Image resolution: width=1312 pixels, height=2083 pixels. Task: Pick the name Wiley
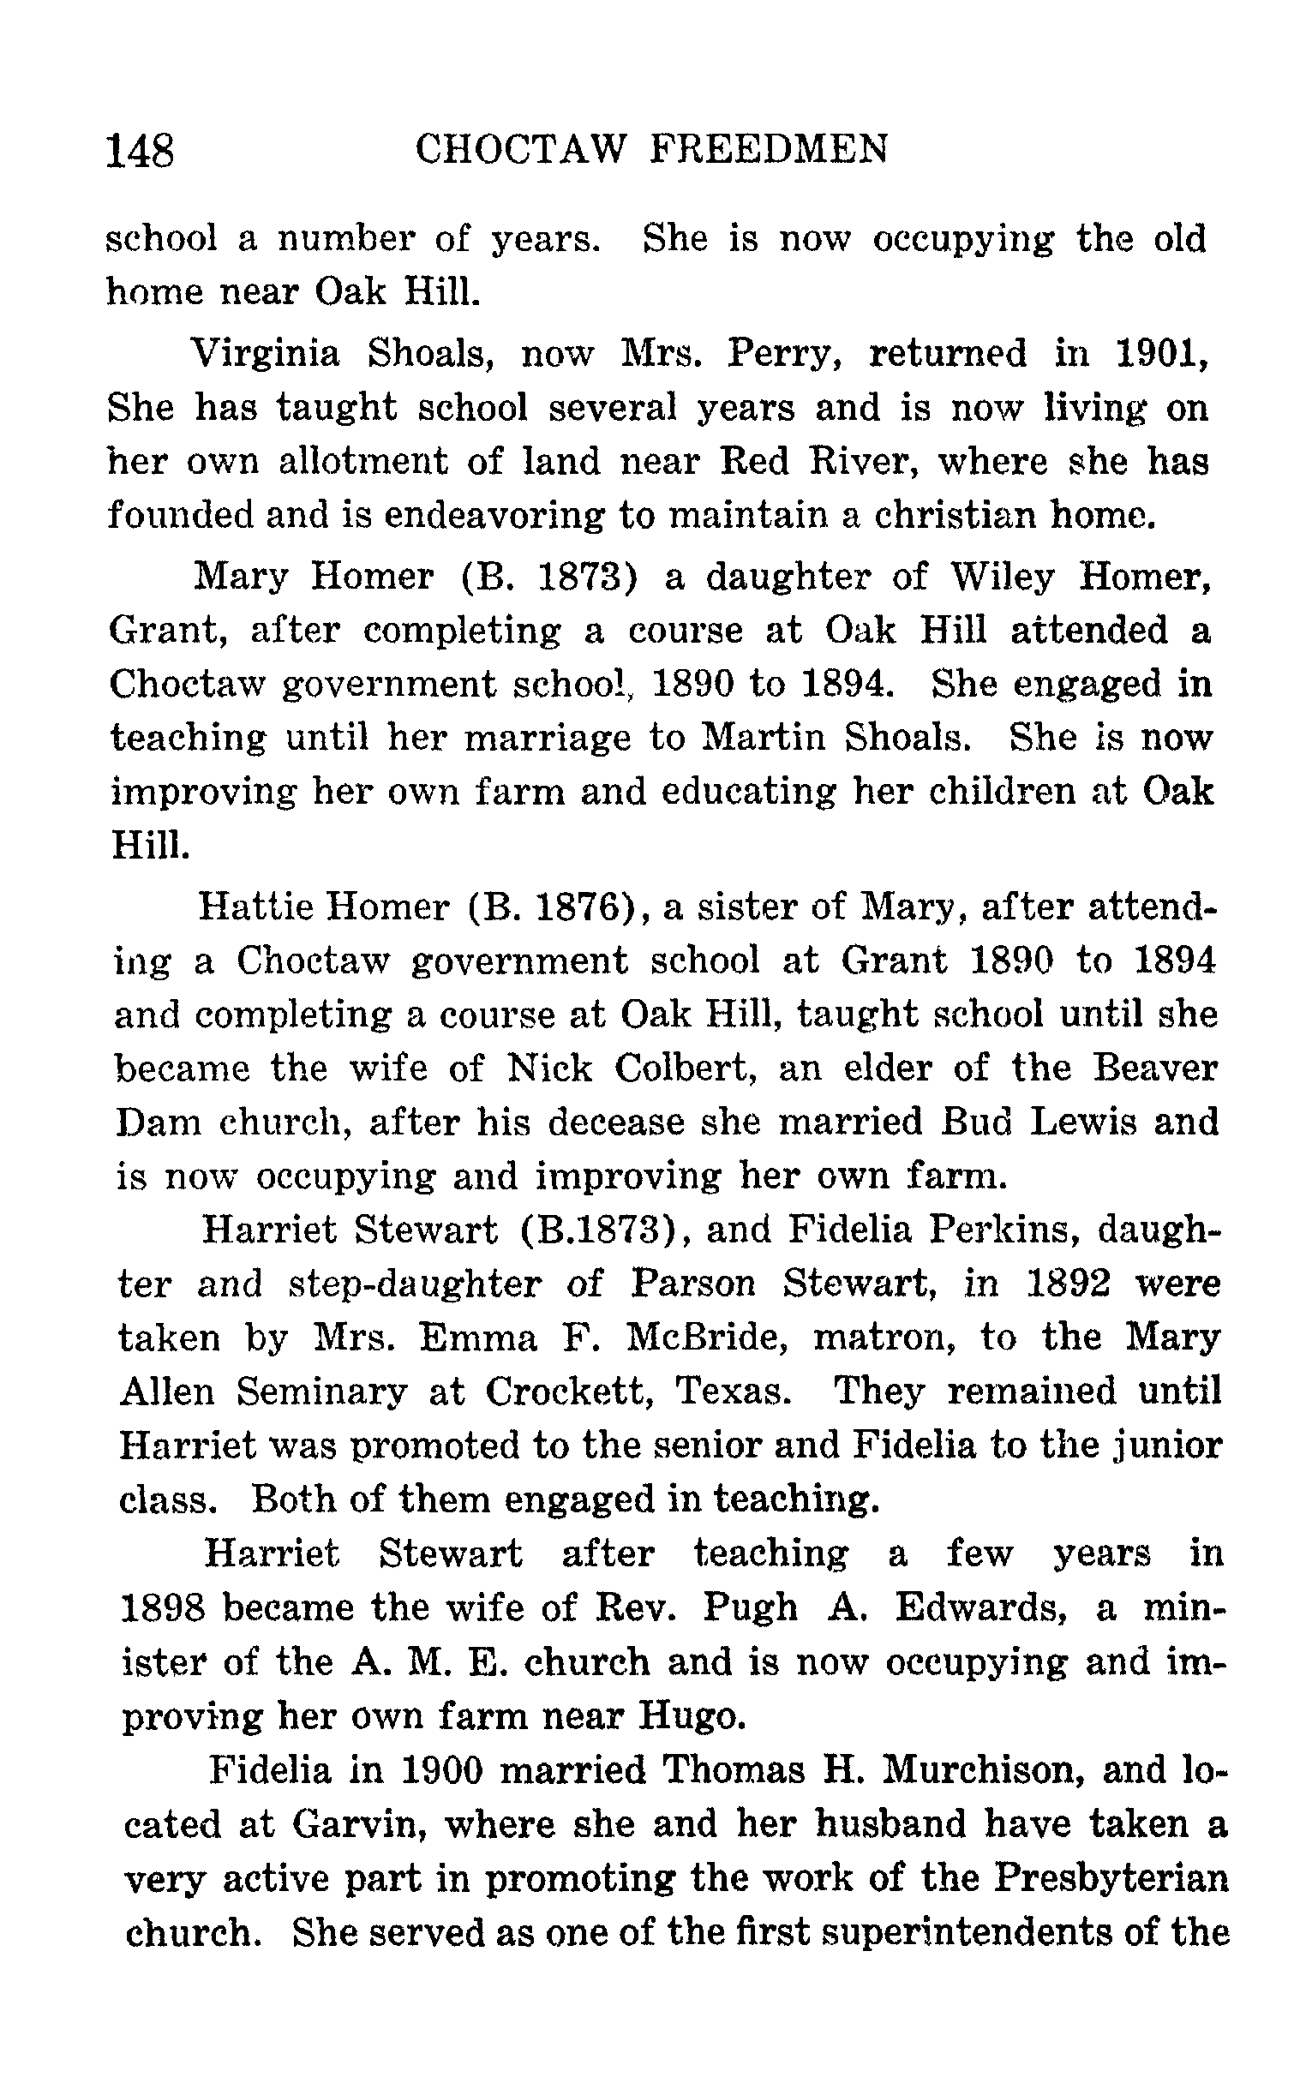coord(1003,576)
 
